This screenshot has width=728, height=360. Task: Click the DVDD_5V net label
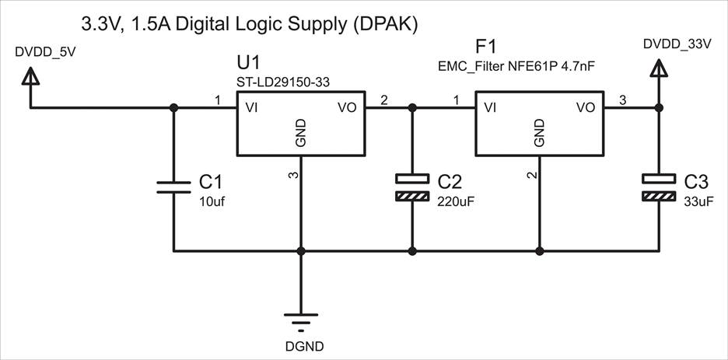[x=46, y=52]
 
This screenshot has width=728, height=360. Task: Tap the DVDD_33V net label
[x=677, y=44]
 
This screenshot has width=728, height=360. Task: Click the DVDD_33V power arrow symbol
[x=659, y=68]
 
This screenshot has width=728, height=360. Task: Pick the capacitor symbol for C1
[x=173, y=186]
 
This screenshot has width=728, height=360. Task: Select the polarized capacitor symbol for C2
[x=411, y=187]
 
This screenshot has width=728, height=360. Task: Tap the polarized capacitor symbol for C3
[x=659, y=187]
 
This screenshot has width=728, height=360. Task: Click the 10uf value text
[x=213, y=201]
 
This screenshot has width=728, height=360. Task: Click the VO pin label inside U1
[x=347, y=107]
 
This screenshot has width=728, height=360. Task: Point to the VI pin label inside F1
[x=490, y=107]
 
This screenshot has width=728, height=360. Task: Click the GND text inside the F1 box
[x=539, y=133]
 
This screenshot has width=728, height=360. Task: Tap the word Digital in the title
[x=202, y=24]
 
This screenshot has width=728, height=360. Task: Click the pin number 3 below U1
[x=293, y=175]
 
